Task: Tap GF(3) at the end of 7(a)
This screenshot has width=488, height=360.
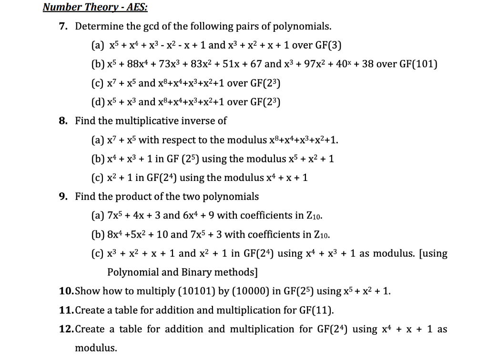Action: (327, 45)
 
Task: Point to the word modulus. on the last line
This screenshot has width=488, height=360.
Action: (96, 348)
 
